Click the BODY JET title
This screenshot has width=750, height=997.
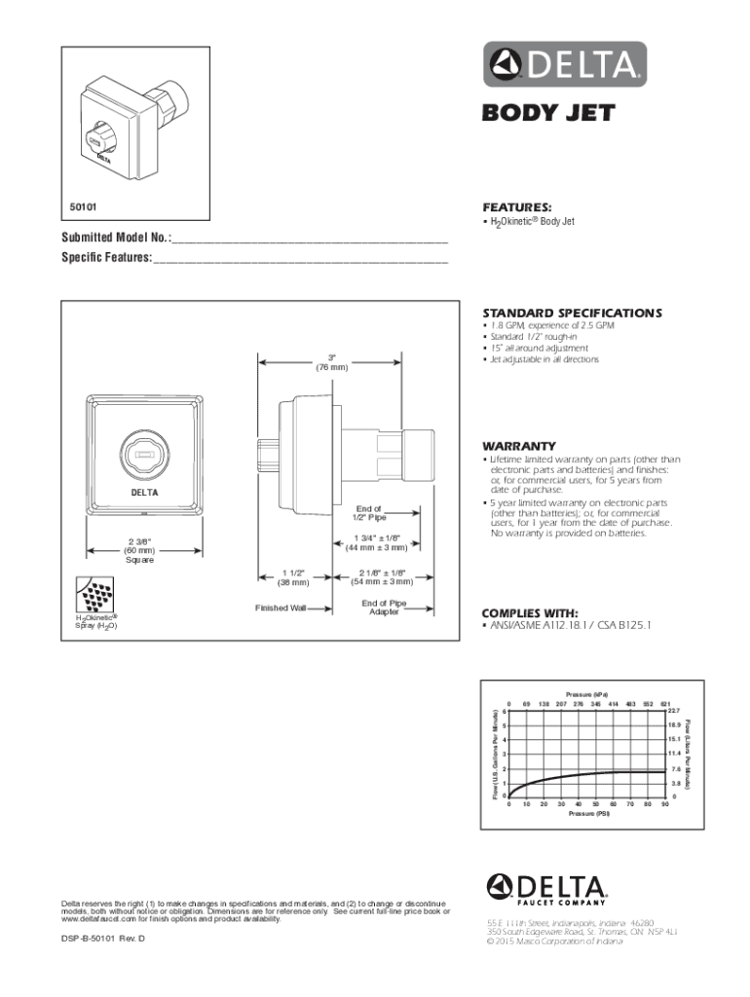click(x=549, y=113)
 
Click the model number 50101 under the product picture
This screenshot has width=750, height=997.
click(x=83, y=207)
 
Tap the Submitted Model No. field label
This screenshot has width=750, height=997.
click(x=116, y=239)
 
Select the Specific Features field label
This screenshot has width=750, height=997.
click(x=108, y=258)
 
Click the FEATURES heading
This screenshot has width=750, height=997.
click(x=517, y=207)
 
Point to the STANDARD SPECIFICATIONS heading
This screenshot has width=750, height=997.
click(x=572, y=313)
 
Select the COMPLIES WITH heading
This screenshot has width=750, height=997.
click(x=531, y=612)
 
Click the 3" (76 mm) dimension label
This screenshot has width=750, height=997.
click(x=331, y=362)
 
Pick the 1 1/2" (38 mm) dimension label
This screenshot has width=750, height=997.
click(x=295, y=577)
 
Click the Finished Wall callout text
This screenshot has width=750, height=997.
click(x=281, y=608)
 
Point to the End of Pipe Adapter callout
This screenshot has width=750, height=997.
click(x=383, y=608)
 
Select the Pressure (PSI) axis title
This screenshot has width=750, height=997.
click(x=589, y=813)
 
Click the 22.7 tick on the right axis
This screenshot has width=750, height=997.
click(x=673, y=711)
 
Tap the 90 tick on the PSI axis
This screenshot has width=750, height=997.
click(x=664, y=804)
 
